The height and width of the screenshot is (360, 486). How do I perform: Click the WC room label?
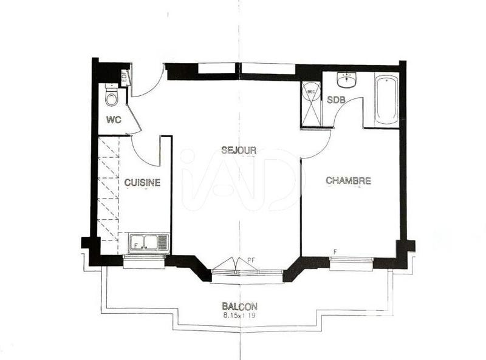click(114, 120)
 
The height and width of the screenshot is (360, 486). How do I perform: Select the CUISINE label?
click(142, 182)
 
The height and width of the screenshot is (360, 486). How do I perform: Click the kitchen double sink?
click(148, 242)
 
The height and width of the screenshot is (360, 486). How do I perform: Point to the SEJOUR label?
click(239, 150)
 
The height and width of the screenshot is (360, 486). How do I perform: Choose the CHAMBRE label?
click(348, 180)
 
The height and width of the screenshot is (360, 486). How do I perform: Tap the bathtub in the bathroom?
click(386, 100)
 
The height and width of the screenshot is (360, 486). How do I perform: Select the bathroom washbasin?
click(347, 80)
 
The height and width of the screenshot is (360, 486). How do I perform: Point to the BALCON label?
click(239, 307)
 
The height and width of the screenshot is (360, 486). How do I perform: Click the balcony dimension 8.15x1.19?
click(239, 316)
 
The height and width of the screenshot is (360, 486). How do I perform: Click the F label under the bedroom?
click(334, 251)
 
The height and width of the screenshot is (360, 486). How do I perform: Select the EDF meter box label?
click(125, 77)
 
